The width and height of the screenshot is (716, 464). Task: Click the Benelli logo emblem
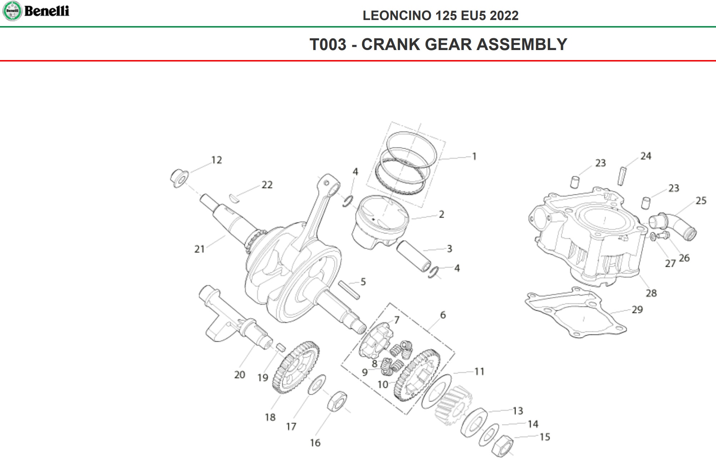pyautogui.click(x=12, y=11)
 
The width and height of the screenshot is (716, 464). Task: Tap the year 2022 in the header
pyautogui.click(x=504, y=16)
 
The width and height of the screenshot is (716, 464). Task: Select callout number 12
pyautogui.click(x=217, y=160)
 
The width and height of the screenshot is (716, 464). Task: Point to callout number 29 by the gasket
pyautogui.click(x=637, y=310)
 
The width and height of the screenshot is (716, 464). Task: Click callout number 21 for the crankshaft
pyautogui.click(x=199, y=249)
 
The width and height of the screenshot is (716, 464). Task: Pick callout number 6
pyautogui.click(x=443, y=315)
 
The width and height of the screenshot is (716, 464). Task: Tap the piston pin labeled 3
pyautogui.click(x=414, y=256)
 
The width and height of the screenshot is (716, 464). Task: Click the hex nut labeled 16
pyautogui.click(x=337, y=401)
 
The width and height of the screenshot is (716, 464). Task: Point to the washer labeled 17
pyautogui.click(x=317, y=385)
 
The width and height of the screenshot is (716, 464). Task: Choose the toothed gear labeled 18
pyautogui.click(x=295, y=367)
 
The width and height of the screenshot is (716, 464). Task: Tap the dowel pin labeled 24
pyautogui.click(x=622, y=176)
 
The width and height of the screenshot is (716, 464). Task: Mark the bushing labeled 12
pyautogui.click(x=179, y=178)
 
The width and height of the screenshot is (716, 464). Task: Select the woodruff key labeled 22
pyautogui.click(x=234, y=198)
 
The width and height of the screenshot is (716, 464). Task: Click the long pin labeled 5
pyautogui.click(x=349, y=290)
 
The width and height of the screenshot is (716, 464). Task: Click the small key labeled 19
pyautogui.click(x=280, y=347)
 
